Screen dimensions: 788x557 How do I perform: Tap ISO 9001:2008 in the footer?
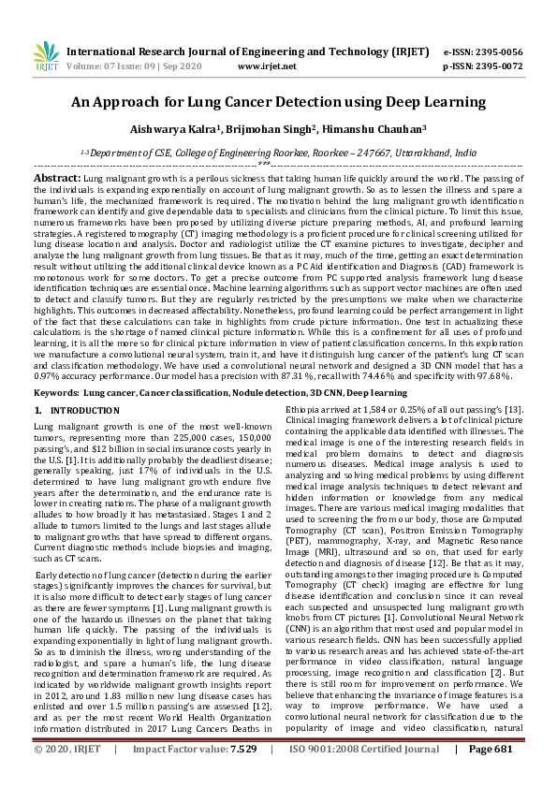click(320, 776)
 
